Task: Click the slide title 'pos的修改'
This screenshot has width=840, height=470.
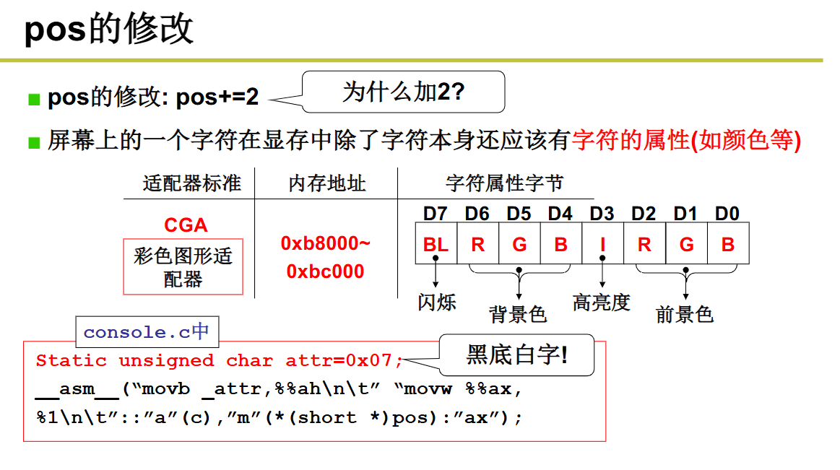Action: pyautogui.click(x=109, y=30)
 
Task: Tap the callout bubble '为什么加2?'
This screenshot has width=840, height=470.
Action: pyautogui.click(x=403, y=92)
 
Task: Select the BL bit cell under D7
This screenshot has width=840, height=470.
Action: pyautogui.click(x=436, y=245)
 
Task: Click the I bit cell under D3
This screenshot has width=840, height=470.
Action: pyautogui.click(x=602, y=245)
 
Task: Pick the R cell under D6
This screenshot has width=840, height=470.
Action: pyautogui.click(x=477, y=245)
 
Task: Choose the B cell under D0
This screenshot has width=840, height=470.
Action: pyautogui.click(x=727, y=245)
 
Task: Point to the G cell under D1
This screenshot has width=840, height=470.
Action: pyautogui.click(x=686, y=245)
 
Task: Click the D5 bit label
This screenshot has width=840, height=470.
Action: pyautogui.click(x=519, y=214)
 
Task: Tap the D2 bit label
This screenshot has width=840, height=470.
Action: pyautogui.click(x=644, y=214)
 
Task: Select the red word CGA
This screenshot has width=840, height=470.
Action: pyautogui.click(x=186, y=225)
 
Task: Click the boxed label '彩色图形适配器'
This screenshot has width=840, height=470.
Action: pyautogui.click(x=183, y=266)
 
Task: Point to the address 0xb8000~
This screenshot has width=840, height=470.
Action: pyautogui.click(x=326, y=243)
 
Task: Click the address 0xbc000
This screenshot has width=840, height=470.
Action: pyautogui.click(x=326, y=271)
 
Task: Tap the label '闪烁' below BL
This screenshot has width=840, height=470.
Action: pyautogui.click(x=437, y=301)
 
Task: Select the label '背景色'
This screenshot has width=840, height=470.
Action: pyautogui.click(x=518, y=314)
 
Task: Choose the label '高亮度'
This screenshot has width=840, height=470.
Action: pyautogui.click(x=602, y=302)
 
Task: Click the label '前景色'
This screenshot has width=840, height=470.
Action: pyautogui.click(x=684, y=314)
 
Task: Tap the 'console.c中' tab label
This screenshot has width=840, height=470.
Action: pyautogui.click(x=147, y=332)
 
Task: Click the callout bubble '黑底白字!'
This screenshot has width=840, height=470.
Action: pyautogui.click(x=516, y=354)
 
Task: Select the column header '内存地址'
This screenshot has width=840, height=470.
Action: pyautogui.click(x=327, y=183)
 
